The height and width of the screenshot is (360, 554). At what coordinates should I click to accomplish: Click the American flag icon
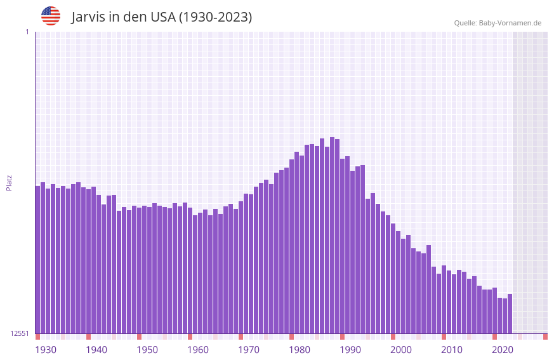point(51,16)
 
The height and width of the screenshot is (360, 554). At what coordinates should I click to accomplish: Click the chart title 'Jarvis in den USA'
point(162,17)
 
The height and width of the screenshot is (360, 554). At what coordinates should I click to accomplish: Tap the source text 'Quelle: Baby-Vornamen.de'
point(498,23)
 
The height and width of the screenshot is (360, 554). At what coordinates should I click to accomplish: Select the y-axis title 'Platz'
point(9,182)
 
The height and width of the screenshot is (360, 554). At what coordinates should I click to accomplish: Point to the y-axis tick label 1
point(27,32)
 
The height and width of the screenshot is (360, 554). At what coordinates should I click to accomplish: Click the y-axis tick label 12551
point(20,333)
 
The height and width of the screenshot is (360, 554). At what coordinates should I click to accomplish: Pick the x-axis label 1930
point(46,350)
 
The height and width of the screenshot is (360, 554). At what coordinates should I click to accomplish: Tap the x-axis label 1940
point(96,350)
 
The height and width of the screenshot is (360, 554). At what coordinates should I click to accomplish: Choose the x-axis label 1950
point(147,350)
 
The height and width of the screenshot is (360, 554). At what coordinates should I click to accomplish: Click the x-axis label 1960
point(198,350)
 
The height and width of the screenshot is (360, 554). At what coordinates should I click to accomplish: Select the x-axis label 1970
point(249,350)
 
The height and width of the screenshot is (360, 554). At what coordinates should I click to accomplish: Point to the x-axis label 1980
point(300,350)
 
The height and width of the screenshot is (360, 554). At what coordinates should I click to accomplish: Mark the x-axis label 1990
point(350,350)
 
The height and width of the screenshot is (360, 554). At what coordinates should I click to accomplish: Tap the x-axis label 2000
point(401,350)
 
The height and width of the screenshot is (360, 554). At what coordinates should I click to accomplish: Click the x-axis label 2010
point(452,350)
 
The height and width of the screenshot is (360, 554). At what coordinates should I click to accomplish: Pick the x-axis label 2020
point(503,350)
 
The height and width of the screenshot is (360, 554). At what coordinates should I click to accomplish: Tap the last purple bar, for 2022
point(510,314)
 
